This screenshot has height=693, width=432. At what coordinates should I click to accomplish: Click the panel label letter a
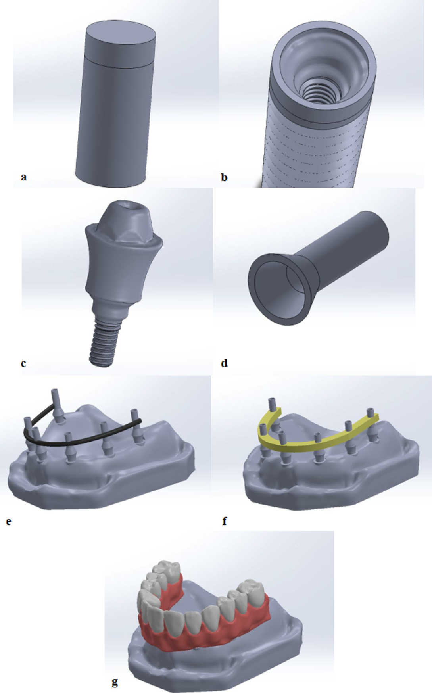click(24, 177)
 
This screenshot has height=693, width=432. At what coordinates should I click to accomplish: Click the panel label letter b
click(224, 177)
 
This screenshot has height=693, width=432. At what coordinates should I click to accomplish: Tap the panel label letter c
click(23, 363)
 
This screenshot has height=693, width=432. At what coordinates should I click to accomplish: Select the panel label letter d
click(224, 363)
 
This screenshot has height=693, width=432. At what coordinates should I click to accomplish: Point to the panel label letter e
click(9, 521)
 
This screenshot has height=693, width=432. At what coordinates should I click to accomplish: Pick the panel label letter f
click(225, 520)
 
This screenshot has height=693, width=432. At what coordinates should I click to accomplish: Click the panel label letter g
click(115, 682)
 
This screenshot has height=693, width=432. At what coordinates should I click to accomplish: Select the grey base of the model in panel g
click(222, 651)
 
